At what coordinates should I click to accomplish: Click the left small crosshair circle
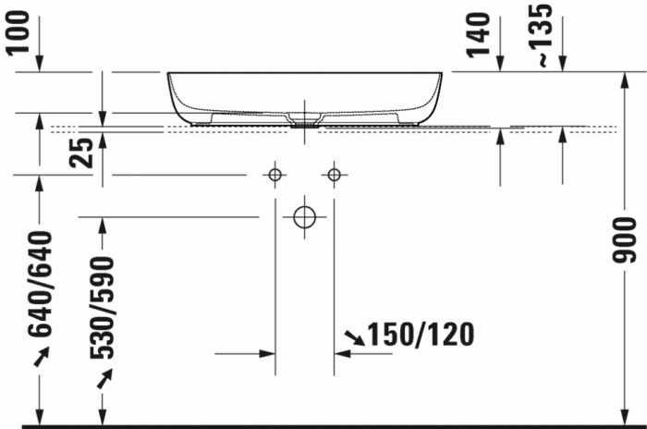pyautogui.click(x=275, y=174)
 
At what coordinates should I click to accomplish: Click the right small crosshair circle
pyautogui.click(x=335, y=174)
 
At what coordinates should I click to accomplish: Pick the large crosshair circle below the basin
pyautogui.click(x=304, y=217)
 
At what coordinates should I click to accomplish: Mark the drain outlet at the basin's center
pyautogui.click(x=304, y=119)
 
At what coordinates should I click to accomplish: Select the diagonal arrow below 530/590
pyautogui.click(x=105, y=376)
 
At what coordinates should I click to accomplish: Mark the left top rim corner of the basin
pyautogui.click(x=169, y=73)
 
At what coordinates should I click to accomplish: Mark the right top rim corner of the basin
pyautogui.click(x=442, y=73)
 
